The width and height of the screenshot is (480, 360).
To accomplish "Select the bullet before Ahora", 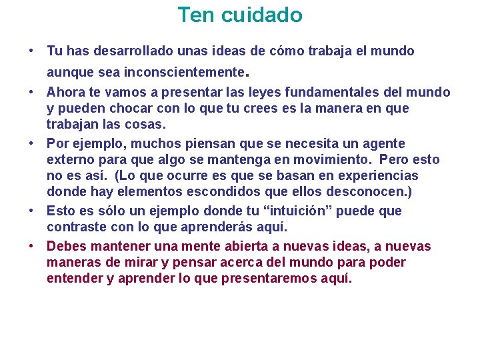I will point(31,92).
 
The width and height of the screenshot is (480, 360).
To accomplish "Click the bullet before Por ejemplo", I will point(31,143).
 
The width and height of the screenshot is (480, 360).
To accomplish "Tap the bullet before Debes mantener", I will point(31,247).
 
